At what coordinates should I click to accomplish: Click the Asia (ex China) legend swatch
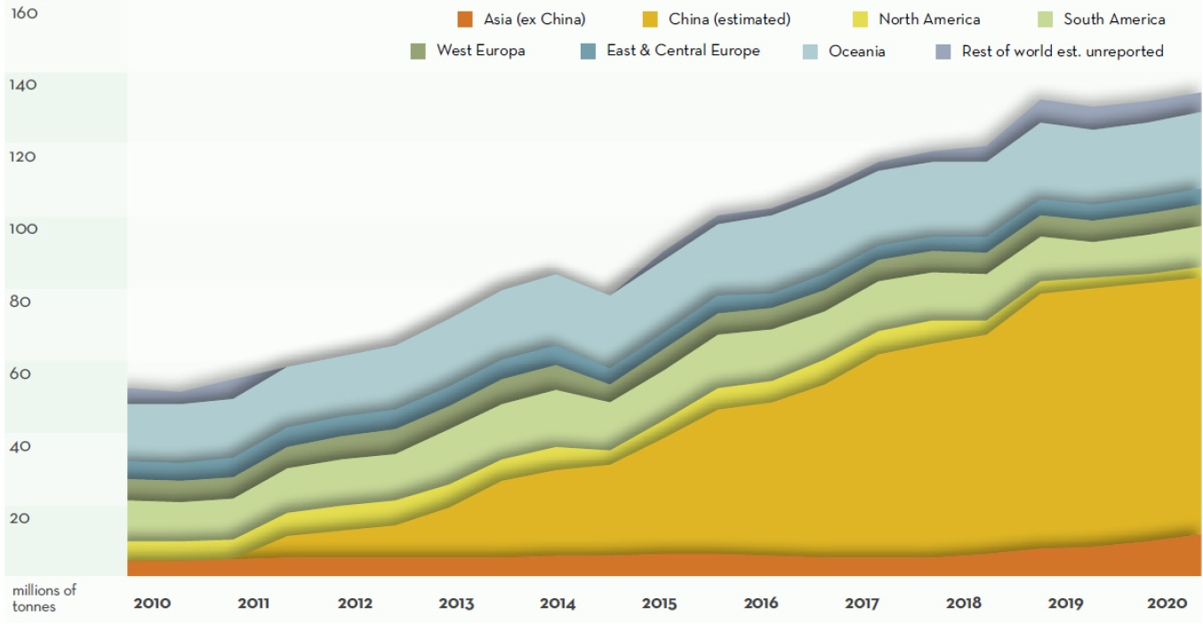coord(464,19)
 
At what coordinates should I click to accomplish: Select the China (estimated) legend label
coord(729,19)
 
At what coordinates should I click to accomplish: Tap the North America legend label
coord(928,19)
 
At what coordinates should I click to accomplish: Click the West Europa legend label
coord(480,51)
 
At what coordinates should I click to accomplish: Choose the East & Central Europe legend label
coord(683,51)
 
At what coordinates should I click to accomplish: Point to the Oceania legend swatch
coord(810,52)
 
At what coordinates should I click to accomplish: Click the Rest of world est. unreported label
coord(1062,52)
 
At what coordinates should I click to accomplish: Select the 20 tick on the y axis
coord(20,518)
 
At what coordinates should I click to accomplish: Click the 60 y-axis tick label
coord(20,373)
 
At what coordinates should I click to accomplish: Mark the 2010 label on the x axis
coord(152,604)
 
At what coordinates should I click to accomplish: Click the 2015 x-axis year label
coord(660,604)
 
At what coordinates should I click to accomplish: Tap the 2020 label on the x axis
coord(1167,604)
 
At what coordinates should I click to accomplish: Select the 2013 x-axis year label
coord(456,604)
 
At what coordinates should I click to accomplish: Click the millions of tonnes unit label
coord(44,598)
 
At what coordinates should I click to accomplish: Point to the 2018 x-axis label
coord(964,604)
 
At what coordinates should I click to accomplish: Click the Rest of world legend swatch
coord(943,52)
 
